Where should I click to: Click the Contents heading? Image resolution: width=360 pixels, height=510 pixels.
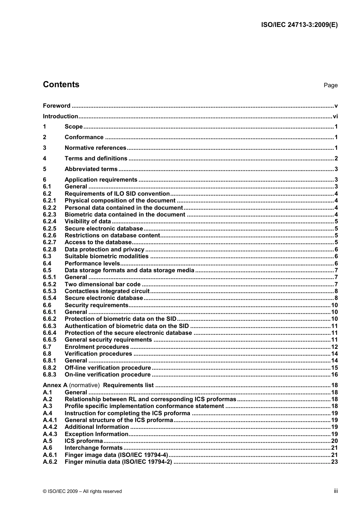coord(61,85)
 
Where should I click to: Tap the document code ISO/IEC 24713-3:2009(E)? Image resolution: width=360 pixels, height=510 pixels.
coord(299,25)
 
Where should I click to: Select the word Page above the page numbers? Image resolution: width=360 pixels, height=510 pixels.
coord(330,85)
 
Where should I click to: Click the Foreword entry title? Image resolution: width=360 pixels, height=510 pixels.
coord(56,106)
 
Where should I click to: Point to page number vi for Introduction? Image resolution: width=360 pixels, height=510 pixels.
coord(335,116)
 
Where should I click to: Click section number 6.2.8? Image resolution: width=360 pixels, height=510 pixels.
coord(49,250)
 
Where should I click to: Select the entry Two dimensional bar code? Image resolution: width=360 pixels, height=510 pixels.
coord(102,284)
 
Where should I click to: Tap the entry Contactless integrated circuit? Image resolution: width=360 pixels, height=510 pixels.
coord(107,291)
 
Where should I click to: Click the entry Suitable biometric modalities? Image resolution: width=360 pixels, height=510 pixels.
coord(106,256)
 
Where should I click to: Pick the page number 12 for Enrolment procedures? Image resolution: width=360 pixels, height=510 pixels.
coord(334,347)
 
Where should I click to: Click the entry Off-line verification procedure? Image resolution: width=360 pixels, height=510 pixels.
coord(108,368)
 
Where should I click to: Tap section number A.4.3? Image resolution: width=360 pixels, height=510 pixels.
coord(50,434)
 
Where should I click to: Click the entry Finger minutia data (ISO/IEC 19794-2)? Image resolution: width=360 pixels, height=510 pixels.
coord(118,462)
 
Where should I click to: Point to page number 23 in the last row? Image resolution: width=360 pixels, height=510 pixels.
coord(334,462)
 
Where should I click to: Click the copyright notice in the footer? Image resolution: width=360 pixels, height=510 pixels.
coord(82,491)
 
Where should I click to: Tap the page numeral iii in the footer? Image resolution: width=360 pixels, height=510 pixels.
coord(336,491)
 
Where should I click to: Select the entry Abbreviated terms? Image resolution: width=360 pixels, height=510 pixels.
coord(91,169)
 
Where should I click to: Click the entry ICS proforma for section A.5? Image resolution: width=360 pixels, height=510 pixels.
coord(84,441)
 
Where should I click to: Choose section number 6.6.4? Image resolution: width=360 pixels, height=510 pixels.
coord(49,333)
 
